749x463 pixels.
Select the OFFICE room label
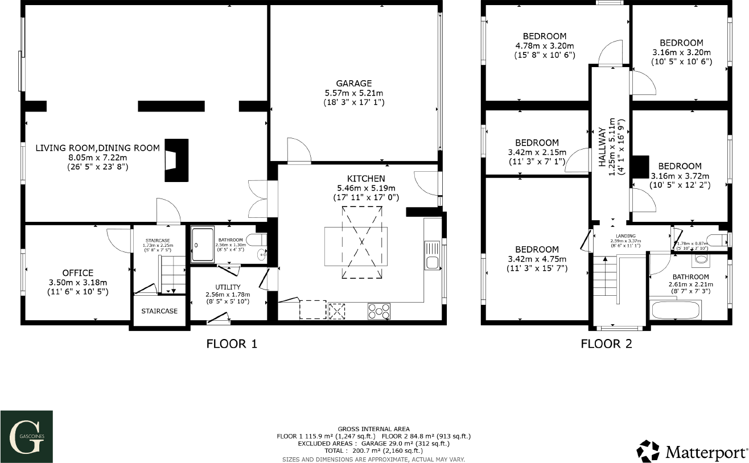[78, 273]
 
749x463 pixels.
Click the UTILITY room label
[228, 287]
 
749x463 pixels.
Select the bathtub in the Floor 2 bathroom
[676, 311]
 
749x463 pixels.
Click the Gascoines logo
[26, 437]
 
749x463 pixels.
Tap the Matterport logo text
[706, 452]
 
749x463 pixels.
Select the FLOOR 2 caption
[606, 344]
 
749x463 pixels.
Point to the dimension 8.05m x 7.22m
[98, 158]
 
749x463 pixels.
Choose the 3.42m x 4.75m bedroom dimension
[537, 259]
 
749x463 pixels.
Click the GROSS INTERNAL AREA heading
[373, 429]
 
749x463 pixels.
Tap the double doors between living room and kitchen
[257, 199]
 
